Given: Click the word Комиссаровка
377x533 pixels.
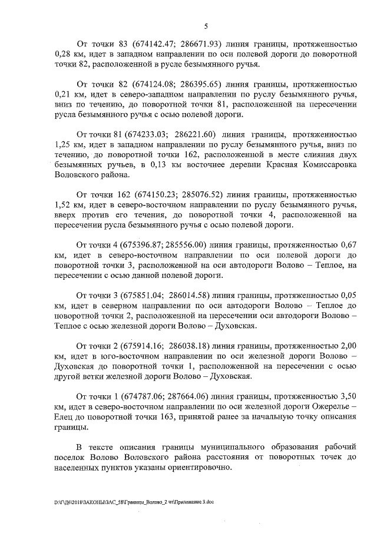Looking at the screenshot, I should (327, 165).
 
